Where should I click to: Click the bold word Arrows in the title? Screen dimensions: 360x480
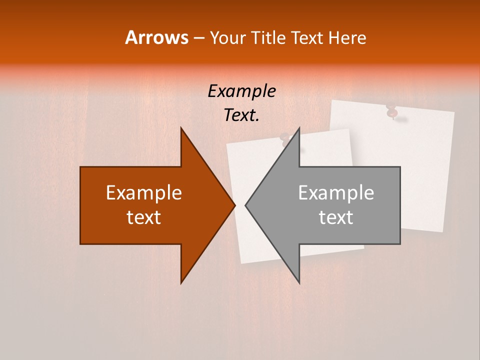pyautogui.click(x=157, y=37)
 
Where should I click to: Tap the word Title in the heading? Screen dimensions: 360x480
pyautogui.click(x=270, y=38)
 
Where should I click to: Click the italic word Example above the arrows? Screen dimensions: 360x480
pyautogui.click(x=241, y=91)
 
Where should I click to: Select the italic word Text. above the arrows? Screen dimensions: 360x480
pyautogui.click(x=241, y=115)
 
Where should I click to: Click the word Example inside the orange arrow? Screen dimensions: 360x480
pyautogui.click(x=144, y=193)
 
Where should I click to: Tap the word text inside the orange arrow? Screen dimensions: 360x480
pyautogui.click(x=144, y=217)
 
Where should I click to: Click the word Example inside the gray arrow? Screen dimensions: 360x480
pyautogui.click(x=336, y=193)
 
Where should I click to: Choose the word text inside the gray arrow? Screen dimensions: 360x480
pyautogui.click(x=336, y=217)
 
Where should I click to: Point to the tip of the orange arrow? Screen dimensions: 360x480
pyautogui.click(x=235, y=205)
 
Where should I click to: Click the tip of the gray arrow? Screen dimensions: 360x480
pyautogui.click(x=245, y=205)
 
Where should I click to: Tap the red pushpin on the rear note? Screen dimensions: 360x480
pyautogui.click(x=392, y=111)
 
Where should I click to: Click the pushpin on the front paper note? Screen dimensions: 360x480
pyautogui.click(x=286, y=139)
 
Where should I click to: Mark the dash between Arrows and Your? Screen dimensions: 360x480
pyautogui.click(x=198, y=38)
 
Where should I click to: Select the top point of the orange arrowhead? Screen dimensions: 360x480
pyautogui.click(x=181, y=127)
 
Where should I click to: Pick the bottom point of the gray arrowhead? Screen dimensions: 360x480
pyautogui.click(x=299, y=283)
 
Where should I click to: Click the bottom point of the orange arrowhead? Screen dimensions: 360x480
pyautogui.click(x=181, y=283)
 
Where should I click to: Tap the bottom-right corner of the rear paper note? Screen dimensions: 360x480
pyautogui.click(x=443, y=231)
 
